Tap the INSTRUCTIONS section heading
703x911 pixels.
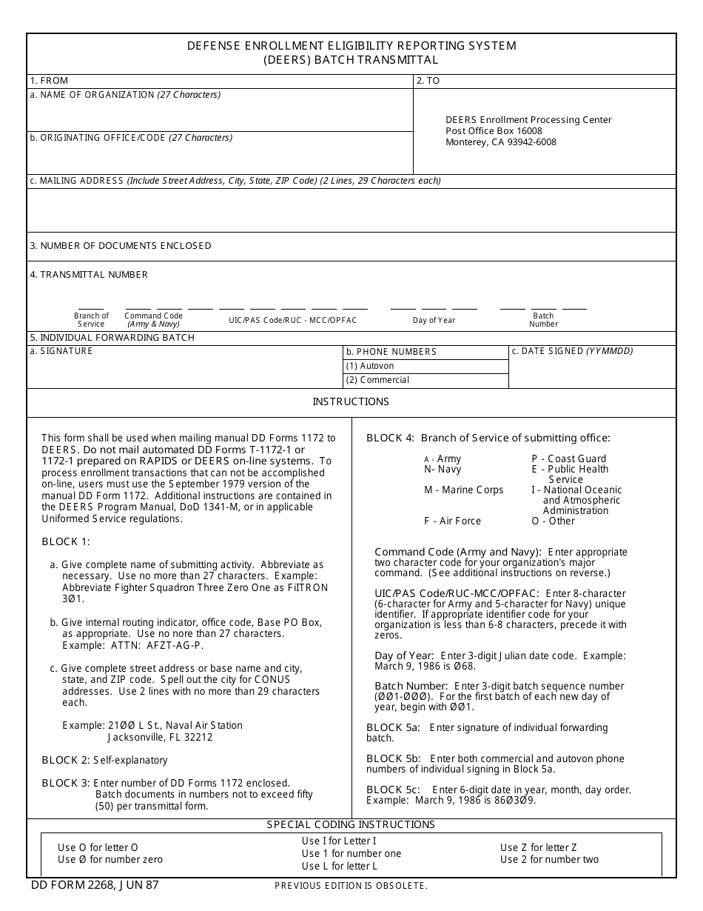351,401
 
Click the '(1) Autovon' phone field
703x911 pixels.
425,366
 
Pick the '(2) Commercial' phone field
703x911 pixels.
425,380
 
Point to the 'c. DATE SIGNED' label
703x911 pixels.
572,351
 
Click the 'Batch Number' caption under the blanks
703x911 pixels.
543,320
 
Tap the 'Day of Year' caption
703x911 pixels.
434,320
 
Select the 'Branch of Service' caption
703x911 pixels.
91,320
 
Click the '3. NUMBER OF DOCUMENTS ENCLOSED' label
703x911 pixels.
121,245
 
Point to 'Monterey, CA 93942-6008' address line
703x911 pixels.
500,142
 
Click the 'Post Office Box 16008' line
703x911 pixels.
494,131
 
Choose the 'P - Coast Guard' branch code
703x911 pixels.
568,458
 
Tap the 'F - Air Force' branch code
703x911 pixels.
452,521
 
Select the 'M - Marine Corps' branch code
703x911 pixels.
463,490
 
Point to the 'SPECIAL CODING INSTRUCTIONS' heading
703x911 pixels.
351,824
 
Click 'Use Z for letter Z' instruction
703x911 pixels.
538,847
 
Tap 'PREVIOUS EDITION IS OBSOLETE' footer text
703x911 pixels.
351,886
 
